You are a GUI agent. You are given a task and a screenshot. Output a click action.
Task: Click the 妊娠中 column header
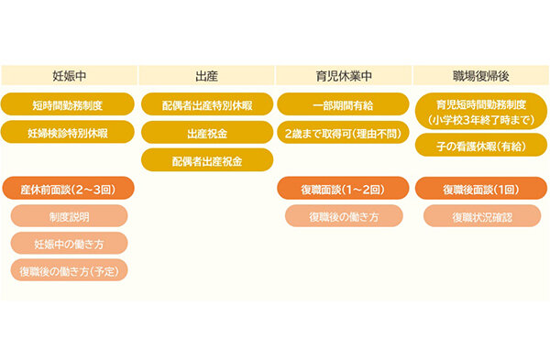[x=69, y=76]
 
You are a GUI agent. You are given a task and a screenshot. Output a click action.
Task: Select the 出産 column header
[x=206, y=76]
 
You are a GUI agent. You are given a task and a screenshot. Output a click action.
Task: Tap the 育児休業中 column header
[x=344, y=76]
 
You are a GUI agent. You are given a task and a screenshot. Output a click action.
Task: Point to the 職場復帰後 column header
[x=481, y=76]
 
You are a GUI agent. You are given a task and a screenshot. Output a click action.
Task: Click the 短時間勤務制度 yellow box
[x=69, y=104]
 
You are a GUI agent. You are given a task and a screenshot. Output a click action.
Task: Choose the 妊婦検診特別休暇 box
[x=69, y=132]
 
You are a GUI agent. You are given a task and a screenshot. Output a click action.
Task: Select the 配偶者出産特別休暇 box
[x=206, y=105]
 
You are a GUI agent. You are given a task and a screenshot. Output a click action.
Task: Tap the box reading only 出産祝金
[x=206, y=133]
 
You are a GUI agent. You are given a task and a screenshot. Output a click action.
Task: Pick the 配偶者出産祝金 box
[x=206, y=159]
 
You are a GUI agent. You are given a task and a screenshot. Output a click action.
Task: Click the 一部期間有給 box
[x=344, y=104]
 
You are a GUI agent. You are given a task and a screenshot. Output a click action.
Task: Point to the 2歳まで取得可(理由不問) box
[x=344, y=132]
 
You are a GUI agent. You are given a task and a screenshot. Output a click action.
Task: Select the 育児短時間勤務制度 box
[x=481, y=111]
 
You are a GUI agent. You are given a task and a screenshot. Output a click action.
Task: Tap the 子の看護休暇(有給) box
[x=481, y=145]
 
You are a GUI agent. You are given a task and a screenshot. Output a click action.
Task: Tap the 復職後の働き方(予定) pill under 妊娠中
[x=69, y=270]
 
